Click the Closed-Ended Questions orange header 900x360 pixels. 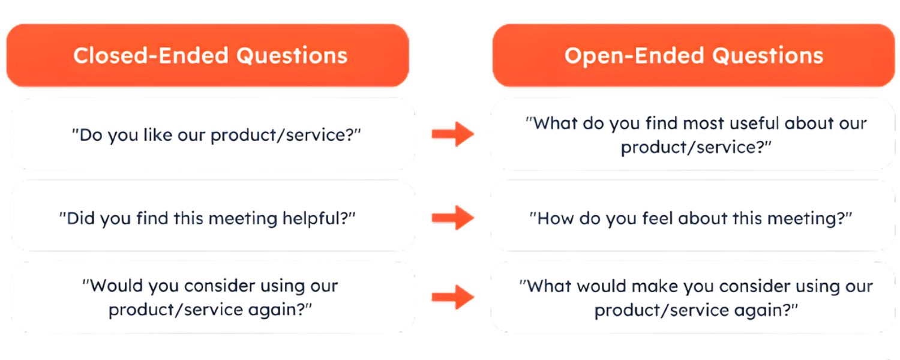coord(208,55)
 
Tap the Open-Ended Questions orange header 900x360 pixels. coord(694,55)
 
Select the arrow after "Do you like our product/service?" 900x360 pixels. coord(453,133)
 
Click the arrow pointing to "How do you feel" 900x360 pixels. coord(453,217)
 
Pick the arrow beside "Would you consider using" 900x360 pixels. coord(453,296)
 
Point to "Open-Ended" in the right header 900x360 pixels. coord(634,55)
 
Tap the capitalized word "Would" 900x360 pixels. coord(112,286)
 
